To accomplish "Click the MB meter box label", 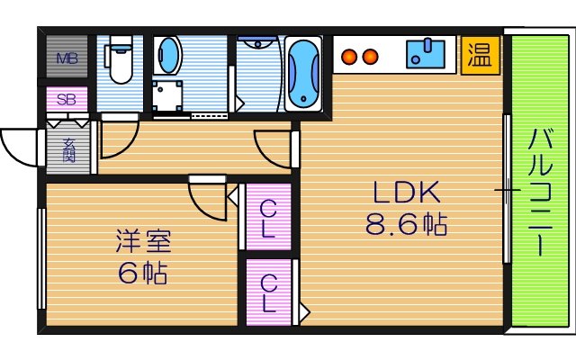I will (x=67, y=59).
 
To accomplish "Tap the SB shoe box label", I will (x=67, y=99).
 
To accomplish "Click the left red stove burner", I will (x=349, y=56).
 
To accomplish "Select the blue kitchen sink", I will (x=427, y=54).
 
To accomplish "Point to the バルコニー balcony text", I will (x=540, y=192).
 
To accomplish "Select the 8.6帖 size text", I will (x=406, y=223).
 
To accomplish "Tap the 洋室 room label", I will (x=143, y=241).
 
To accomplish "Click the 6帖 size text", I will (x=143, y=273).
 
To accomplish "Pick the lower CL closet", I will (x=268, y=292).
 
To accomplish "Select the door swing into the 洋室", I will (x=209, y=198).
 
